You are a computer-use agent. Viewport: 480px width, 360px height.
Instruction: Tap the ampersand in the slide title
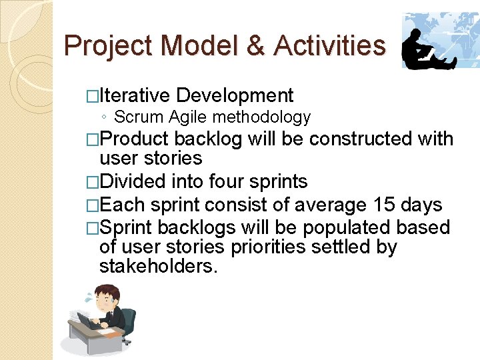[253, 46]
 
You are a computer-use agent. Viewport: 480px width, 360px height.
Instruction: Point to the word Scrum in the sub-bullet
[139, 117]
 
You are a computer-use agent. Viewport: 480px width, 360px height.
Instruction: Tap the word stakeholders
[158, 267]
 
